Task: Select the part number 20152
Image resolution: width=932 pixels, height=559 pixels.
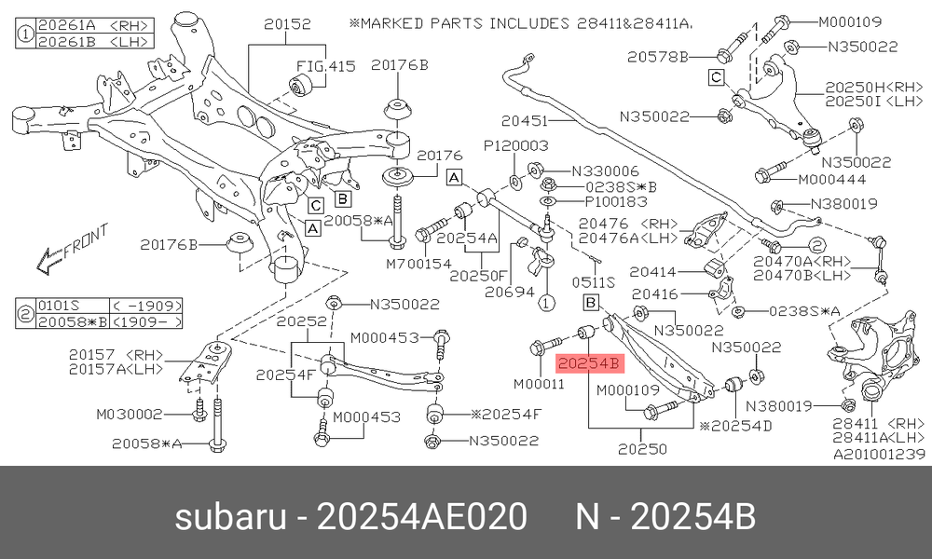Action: click(x=288, y=24)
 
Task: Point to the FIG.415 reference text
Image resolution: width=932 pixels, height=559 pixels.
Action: click(x=325, y=65)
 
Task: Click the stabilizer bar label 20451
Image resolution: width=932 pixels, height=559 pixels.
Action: click(x=524, y=120)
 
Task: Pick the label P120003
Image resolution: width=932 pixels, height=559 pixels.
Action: click(x=515, y=145)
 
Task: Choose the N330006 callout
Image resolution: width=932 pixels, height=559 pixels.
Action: click(x=605, y=171)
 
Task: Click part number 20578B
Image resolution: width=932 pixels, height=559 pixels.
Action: click(x=658, y=57)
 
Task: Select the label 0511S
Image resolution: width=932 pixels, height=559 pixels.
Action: click(x=593, y=283)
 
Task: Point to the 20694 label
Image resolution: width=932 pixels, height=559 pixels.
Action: click(x=510, y=292)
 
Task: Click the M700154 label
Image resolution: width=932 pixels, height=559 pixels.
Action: click(x=419, y=263)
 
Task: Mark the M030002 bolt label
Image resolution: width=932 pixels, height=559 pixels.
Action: click(x=129, y=414)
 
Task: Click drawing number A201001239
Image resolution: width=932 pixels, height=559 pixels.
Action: click(x=879, y=455)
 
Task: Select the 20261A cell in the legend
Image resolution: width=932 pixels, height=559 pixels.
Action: click(x=66, y=25)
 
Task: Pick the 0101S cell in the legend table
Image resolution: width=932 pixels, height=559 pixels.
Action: click(x=58, y=306)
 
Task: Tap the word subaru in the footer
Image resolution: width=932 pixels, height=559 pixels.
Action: click(x=230, y=516)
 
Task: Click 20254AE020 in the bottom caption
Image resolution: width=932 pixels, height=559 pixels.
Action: click(x=422, y=516)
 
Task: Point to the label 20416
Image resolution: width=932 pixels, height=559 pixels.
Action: click(x=654, y=294)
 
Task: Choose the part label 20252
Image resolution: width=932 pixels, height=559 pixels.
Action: click(x=302, y=322)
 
